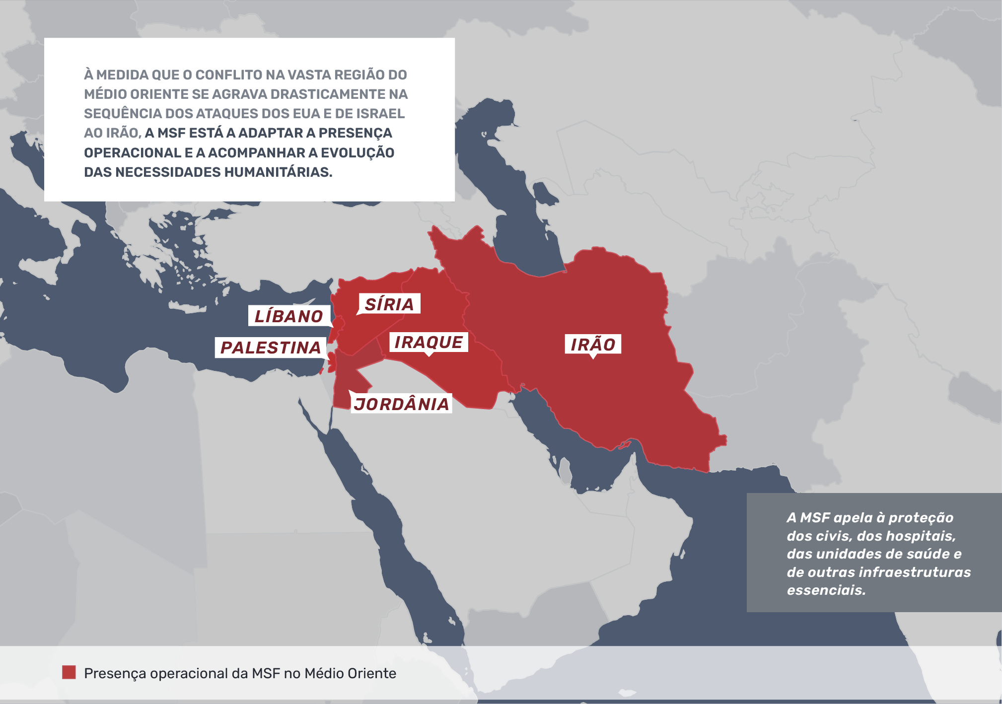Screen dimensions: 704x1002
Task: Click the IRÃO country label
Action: click(593, 344)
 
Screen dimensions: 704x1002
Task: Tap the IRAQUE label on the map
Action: click(428, 342)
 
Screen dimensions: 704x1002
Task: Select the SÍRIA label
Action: click(389, 304)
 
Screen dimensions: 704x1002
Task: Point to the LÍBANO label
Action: click(289, 316)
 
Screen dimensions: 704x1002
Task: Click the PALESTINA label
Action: click(271, 348)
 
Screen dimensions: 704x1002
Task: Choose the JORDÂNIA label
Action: click(401, 404)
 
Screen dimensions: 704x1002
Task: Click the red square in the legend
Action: click(69, 672)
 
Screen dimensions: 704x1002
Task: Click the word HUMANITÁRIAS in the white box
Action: click(278, 172)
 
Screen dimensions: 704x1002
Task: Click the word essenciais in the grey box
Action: click(826, 590)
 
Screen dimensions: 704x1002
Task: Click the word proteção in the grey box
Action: click(921, 518)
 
